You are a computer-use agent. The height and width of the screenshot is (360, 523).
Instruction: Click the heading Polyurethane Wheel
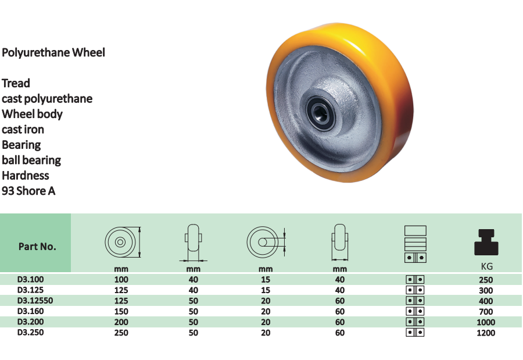(53, 52)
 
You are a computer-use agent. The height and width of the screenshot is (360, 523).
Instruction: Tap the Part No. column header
(37, 247)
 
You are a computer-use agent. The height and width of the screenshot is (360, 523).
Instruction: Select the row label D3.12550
(35, 301)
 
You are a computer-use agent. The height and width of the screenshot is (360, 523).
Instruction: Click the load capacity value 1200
(486, 333)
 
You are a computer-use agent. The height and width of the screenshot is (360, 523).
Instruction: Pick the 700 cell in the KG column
(486, 311)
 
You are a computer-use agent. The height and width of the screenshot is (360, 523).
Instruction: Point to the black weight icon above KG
(486, 243)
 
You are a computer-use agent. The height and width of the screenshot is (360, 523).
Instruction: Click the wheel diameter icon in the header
(123, 242)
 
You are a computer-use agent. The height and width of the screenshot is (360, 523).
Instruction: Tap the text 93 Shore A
(28, 191)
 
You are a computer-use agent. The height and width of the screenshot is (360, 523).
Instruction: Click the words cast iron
(23, 129)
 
